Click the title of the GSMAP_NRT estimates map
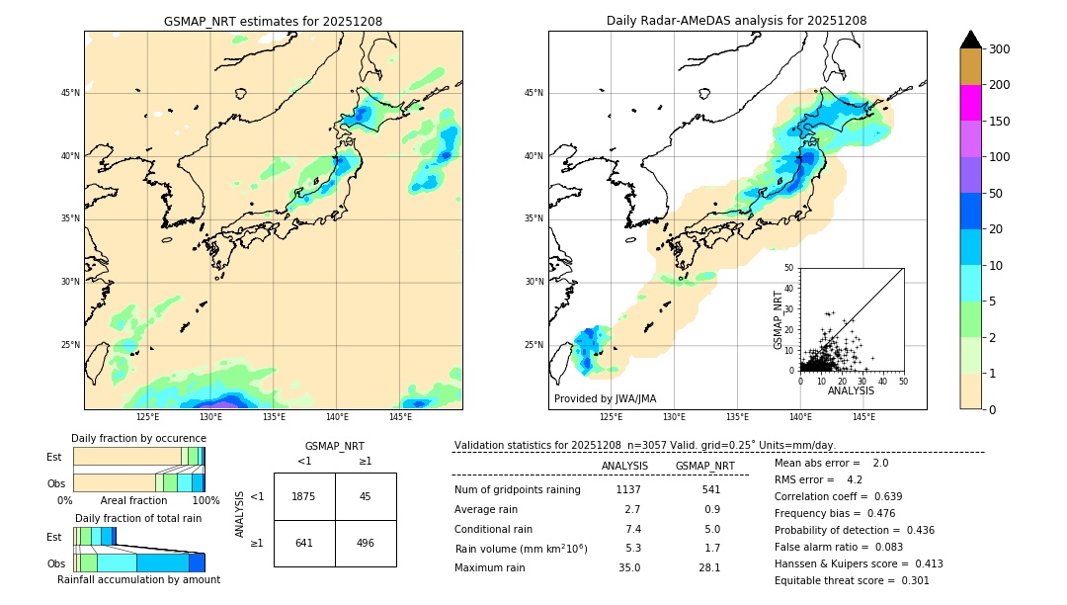273,21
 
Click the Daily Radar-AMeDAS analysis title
737,21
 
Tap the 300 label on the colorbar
1000,49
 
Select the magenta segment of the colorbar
971,103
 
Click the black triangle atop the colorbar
971,40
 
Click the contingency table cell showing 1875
304,496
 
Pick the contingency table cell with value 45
366,496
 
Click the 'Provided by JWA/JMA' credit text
605,399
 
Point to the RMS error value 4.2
855,479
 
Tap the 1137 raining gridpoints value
628,489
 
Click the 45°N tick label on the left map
69,93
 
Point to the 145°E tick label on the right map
863,417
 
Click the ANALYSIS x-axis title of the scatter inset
851,390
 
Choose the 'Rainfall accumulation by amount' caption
138,580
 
